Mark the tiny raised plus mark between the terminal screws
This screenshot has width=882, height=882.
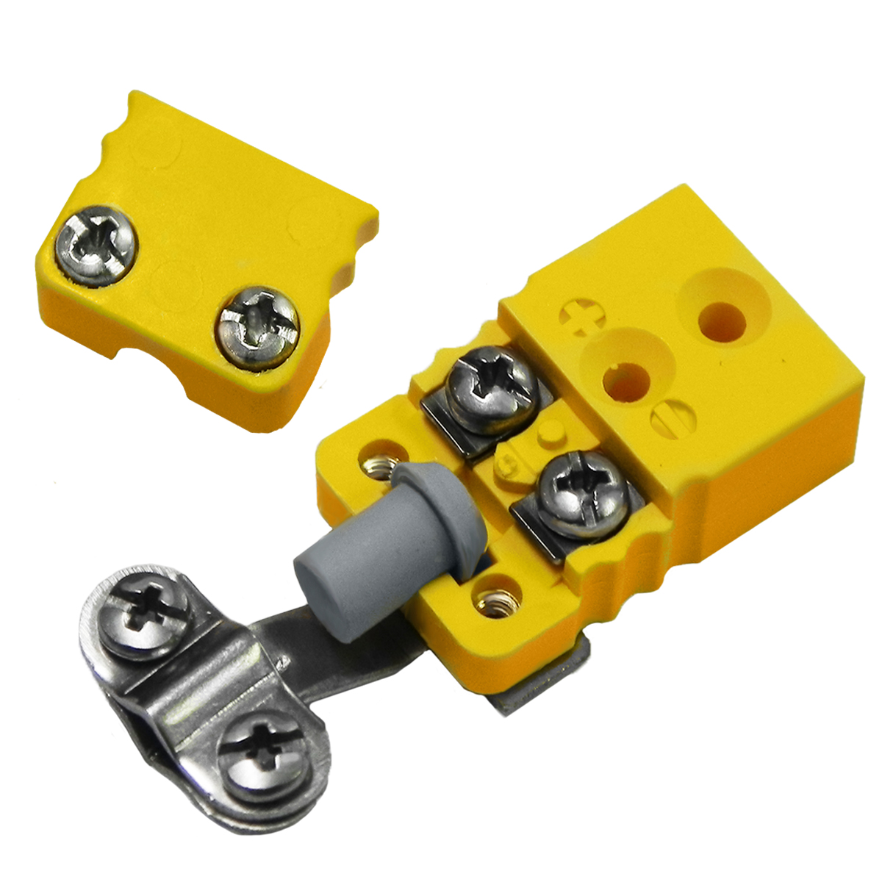click(x=507, y=465)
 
